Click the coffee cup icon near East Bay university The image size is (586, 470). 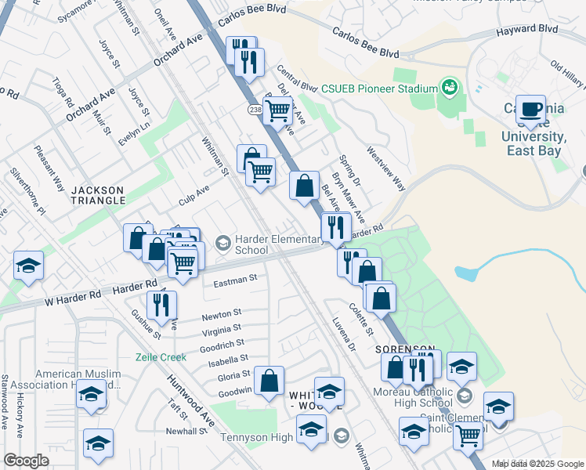531,109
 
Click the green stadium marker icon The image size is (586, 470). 450,85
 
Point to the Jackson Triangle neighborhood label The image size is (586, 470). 98,195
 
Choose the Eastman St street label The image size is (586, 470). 235,279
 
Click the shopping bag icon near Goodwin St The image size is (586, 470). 269,381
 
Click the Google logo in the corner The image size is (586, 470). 27,461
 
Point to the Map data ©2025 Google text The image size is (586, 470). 537,464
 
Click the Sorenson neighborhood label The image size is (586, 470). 404,348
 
